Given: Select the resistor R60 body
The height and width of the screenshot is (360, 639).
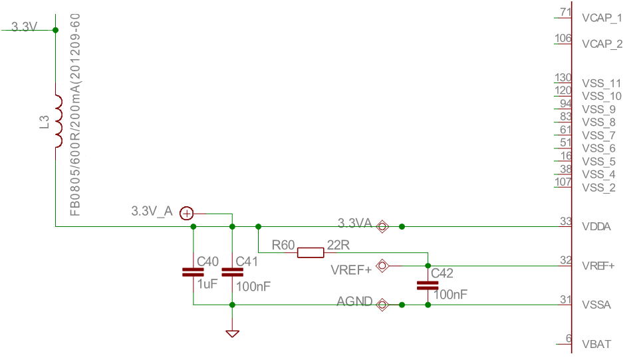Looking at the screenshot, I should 311,252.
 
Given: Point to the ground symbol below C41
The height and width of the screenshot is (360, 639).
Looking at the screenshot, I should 232,333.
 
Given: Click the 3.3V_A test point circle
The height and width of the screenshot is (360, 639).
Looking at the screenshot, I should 187,214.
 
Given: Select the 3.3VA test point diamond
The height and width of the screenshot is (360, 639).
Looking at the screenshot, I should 382,227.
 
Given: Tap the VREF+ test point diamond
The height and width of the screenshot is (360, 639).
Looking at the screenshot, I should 382,266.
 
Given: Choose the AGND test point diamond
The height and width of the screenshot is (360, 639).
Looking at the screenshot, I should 382,305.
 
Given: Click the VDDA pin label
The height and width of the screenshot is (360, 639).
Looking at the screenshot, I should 596,227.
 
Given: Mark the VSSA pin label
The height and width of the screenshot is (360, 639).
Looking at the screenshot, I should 596,305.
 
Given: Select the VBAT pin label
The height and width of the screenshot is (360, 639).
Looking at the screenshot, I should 596,344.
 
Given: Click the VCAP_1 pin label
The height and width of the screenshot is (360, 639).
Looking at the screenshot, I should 602,18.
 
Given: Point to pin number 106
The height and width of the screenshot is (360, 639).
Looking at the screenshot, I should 563,39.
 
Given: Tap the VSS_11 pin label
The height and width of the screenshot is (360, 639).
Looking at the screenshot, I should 602,83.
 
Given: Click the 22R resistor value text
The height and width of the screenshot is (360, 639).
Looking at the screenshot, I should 338,245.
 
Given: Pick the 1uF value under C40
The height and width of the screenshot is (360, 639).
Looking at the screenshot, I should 207,284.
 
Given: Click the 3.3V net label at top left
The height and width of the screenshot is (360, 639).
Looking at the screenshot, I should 24,27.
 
